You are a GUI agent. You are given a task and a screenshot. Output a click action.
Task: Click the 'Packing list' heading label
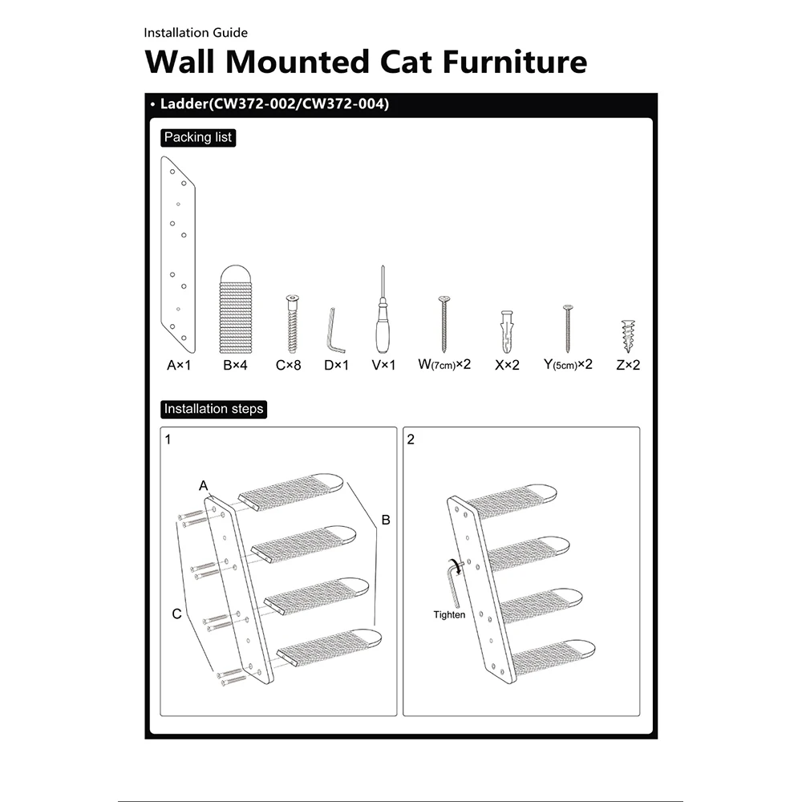click(198, 138)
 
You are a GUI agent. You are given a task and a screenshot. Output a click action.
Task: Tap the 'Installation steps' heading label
click(213, 409)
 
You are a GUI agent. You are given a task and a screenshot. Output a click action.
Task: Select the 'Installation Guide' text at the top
click(196, 33)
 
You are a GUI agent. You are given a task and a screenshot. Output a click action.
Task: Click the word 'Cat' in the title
click(406, 62)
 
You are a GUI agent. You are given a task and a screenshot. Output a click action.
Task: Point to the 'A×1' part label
click(179, 365)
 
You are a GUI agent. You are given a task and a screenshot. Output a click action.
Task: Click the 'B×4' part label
click(235, 365)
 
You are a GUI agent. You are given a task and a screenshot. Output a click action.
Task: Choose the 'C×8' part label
click(289, 365)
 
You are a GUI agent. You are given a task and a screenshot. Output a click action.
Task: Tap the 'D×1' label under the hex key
click(337, 365)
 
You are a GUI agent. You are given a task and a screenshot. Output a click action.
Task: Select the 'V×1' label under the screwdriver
click(383, 365)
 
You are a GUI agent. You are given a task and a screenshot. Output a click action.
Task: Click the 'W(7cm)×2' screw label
click(444, 365)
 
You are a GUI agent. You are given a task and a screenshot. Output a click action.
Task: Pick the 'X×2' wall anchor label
click(507, 365)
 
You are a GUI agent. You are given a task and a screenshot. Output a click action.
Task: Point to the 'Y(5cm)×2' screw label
click(568, 365)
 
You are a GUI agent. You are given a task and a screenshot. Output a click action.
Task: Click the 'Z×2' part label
click(628, 365)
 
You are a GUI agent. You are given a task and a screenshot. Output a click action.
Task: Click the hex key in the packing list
click(334, 330)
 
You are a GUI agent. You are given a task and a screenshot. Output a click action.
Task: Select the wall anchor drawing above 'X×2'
click(507, 331)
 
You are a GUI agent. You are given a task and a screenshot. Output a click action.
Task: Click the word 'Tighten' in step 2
click(449, 615)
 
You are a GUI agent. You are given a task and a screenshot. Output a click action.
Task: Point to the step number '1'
click(168, 439)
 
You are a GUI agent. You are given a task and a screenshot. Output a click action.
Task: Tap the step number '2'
click(411, 439)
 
